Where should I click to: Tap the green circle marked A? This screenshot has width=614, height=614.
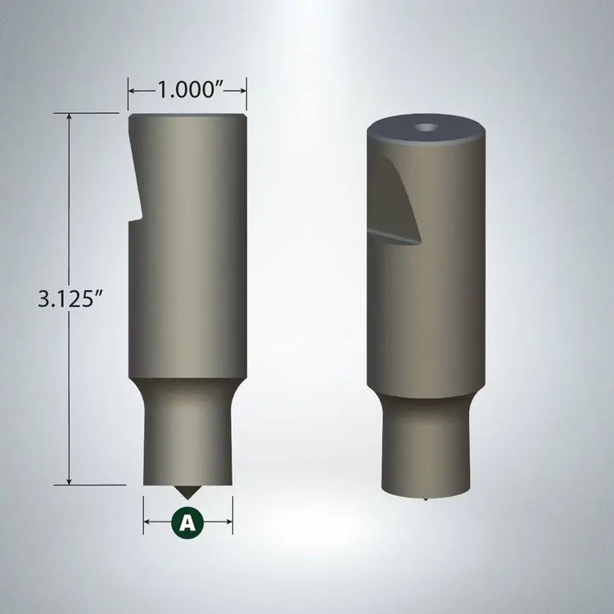(188, 521)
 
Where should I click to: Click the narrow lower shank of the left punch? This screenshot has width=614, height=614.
(187, 442)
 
